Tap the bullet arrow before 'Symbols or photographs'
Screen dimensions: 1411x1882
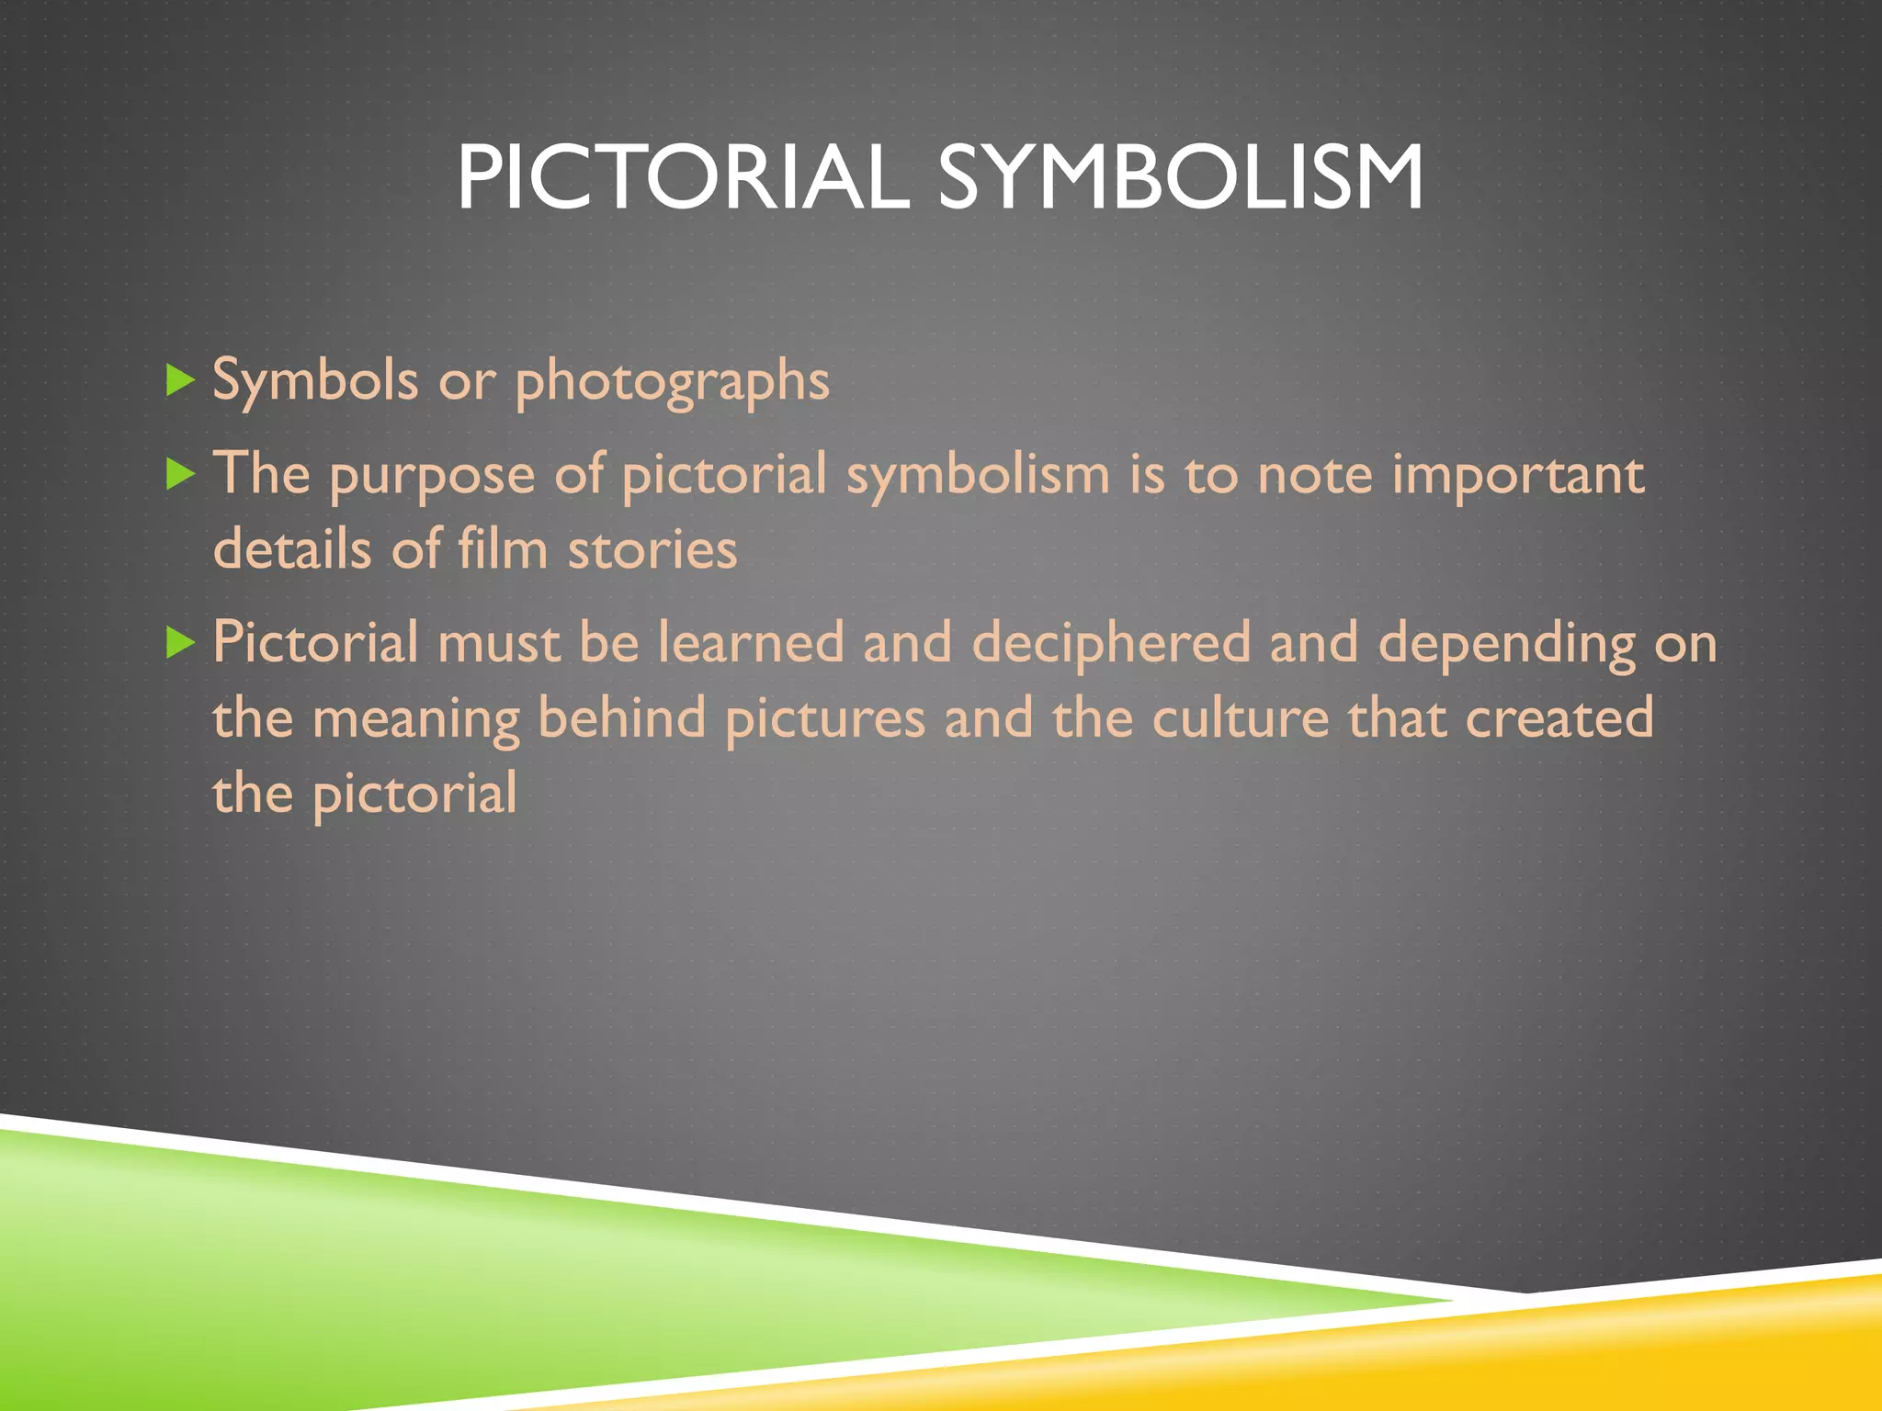(180, 379)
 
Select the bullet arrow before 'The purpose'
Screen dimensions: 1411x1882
(180, 474)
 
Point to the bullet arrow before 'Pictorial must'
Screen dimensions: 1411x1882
(180, 642)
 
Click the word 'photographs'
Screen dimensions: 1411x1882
(672, 381)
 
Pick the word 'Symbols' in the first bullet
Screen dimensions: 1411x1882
(315, 379)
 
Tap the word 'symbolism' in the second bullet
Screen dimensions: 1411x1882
(978, 476)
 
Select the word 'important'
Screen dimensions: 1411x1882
(1517, 476)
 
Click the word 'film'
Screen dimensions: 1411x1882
(503, 549)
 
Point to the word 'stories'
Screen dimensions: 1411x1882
(652, 549)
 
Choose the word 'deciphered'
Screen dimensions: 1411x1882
(1111, 643)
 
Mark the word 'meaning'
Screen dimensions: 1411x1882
(415, 719)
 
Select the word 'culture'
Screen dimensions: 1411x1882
(1241, 717)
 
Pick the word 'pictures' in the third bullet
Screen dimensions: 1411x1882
(824, 719)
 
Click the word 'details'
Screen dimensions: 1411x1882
(292, 549)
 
